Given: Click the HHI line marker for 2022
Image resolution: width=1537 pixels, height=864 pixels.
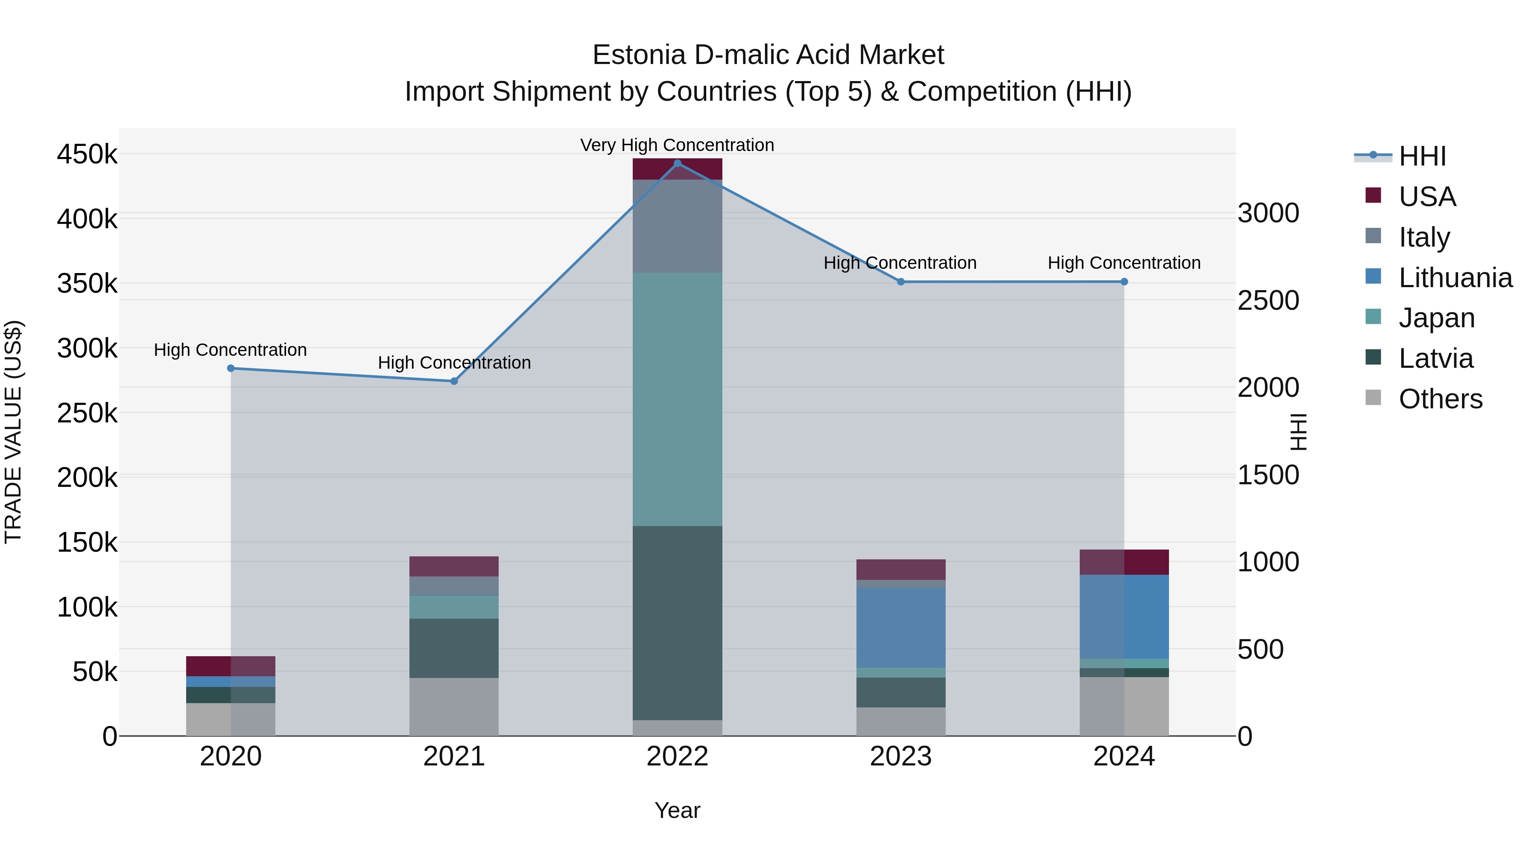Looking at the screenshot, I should [677, 163].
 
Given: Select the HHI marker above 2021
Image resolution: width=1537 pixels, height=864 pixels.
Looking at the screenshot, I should [454, 381].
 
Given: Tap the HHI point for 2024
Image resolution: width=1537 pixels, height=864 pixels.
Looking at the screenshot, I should [1124, 282].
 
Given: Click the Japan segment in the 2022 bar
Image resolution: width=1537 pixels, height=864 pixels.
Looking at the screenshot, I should [677, 399].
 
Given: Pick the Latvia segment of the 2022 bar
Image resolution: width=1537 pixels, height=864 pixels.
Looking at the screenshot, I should [677, 623].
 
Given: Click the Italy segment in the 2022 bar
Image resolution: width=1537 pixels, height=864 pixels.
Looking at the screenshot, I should [677, 227].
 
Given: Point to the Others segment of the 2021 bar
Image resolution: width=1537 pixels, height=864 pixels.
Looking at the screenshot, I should [454, 707].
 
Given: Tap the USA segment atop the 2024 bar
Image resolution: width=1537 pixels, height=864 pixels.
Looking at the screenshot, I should [1124, 562].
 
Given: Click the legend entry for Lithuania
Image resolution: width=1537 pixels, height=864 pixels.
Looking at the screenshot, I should [1455, 278].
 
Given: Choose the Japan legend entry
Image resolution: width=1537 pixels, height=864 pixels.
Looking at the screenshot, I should [1436, 318].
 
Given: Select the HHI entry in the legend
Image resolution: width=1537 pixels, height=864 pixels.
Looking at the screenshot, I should [1422, 156].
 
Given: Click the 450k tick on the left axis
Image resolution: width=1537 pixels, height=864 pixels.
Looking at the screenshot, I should [87, 155].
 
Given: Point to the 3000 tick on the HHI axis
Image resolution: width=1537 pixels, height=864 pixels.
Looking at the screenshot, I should [1268, 213].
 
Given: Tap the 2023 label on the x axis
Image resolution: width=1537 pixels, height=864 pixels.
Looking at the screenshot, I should [901, 756].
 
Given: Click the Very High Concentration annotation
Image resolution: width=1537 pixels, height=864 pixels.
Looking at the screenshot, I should [677, 145].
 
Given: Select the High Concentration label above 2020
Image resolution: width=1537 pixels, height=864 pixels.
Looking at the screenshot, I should [230, 350].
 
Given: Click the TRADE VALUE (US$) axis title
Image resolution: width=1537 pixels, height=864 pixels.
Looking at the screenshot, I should [13, 432].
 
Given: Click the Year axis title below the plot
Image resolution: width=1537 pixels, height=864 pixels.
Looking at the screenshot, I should [677, 810].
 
